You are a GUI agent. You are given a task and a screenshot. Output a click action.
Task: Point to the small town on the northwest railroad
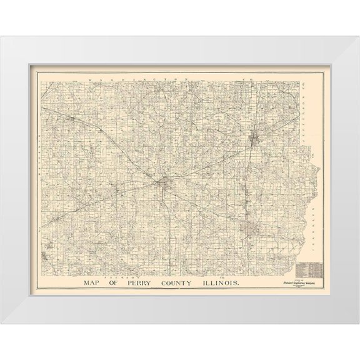[73, 118]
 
